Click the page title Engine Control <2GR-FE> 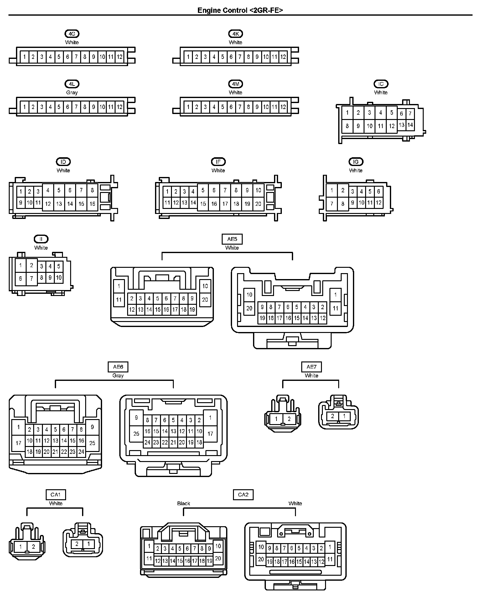click(x=240, y=10)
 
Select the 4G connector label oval click(x=72, y=34)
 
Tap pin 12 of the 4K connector click(x=283, y=57)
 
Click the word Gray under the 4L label click(x=72, y=92)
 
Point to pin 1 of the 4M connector click(x=188, y=107)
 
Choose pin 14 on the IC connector click(x=410, y=125)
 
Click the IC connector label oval click(x=381, y=84)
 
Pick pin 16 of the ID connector click(x=92, y=204)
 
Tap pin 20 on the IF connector click(x=258, y=204)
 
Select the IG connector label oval click(x=356, y=162)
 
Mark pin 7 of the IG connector click(x=332, y=204)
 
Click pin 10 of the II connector click(x=59, y=278)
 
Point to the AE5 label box click(x=232, y=239)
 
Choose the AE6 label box click(x=118, y=367)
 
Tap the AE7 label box click(x=311, y=367)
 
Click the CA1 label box click(x=55, y=495)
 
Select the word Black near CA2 click(x=184, y=503)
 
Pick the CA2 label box click(x=243, y=495)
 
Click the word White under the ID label click(x=63, y=170)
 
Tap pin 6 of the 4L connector click(x=67, y=107)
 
